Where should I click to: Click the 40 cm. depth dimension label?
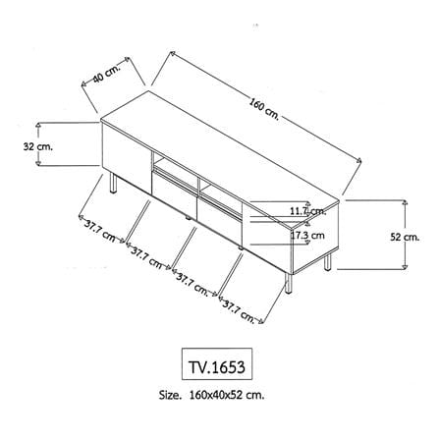click(x=107, y=75)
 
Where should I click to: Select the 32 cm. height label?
click(x=38, y=146)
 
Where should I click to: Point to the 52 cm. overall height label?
click(x=405, y=237)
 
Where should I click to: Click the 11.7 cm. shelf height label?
click(x=308, y=211)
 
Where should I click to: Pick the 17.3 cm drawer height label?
click(x=307, y=235)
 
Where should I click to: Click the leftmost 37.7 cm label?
click(x=100, y=231)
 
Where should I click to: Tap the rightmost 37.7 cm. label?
click(x=239, y=312)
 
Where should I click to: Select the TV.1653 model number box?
click(x=217, y=363)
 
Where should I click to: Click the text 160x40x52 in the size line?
click(x=215, y=395)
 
